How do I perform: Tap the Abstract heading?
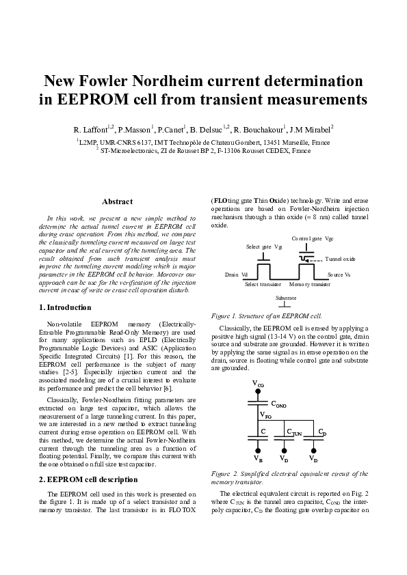(x=116, y=201)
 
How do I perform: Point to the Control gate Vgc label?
(x=312, y=238)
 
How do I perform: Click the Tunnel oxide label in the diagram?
(x=340, y=260)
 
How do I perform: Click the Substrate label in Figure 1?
(x=285, y=298)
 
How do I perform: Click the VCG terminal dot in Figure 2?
(x=258, y=391)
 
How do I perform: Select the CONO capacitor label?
(x=278, y=406)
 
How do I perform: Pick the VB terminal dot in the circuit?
(x=258, y=451)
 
